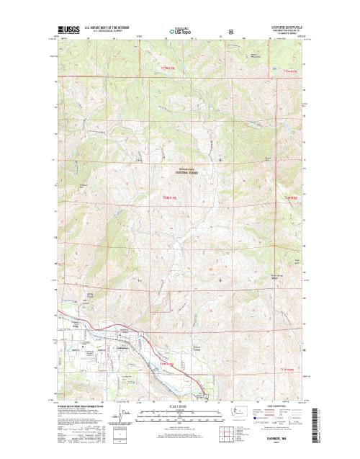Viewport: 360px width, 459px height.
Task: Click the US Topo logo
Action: click(180, 31)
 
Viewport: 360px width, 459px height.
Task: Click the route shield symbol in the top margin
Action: click(230, 32)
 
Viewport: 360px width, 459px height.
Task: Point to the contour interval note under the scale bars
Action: click(179, 426)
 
